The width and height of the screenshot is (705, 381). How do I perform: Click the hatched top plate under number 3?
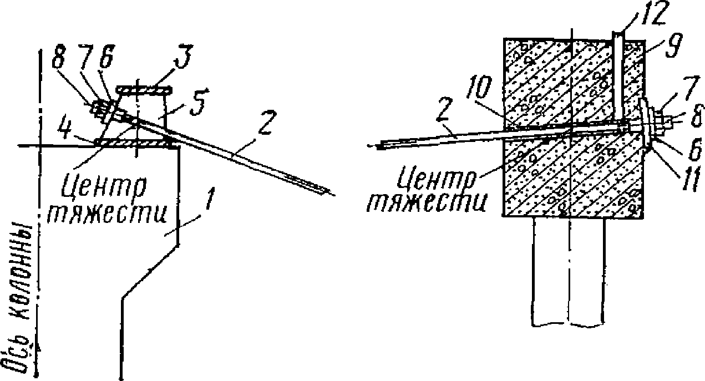(145, 89)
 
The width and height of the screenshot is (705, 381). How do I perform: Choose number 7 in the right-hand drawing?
(677, 101)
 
